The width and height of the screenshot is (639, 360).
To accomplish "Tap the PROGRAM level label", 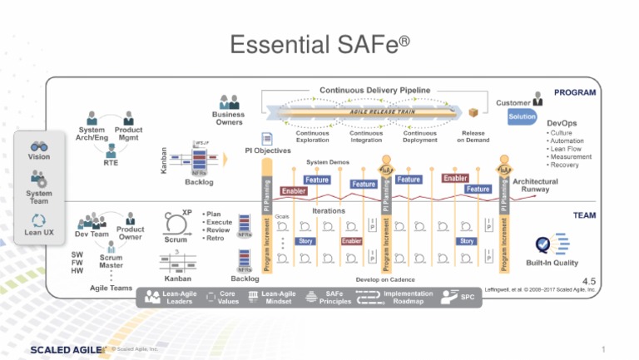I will click(574, 92).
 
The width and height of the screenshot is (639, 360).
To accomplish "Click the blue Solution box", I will click(522, 117).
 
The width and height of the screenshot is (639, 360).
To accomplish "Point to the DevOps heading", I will click(562, 123).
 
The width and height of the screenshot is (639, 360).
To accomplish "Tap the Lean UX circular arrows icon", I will click(39, 220).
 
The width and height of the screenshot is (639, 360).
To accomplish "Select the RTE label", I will click(111, 163).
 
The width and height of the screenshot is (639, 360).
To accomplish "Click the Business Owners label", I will click(228, 118).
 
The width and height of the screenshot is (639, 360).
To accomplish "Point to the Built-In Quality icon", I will click(547, 244).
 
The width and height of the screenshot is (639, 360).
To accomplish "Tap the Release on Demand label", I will click(473, 136).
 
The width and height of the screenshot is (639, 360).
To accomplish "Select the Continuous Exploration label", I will click(314, 136).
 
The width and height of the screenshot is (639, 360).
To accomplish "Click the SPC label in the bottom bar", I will click(468, 296).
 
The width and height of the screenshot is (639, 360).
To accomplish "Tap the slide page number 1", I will click(601, 348).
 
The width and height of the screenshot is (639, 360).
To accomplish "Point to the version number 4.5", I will click(589, 281).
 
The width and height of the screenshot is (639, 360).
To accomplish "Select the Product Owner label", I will click(131, 233).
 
